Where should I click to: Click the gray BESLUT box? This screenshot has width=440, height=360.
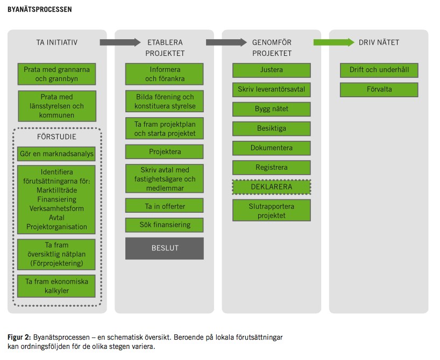point(165,248)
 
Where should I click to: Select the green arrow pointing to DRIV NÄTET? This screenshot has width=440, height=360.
point(334,42)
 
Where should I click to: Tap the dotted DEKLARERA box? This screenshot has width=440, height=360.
point(271,187)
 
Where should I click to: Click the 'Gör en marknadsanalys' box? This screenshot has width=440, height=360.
point(56,154)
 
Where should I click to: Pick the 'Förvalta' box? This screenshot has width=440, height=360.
point(379,89)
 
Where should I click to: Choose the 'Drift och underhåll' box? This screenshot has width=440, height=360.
point(379,70)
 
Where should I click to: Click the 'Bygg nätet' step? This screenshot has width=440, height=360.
point(271,109)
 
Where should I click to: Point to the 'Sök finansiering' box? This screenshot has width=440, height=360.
point(165,225)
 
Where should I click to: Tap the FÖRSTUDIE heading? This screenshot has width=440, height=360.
point(56,137)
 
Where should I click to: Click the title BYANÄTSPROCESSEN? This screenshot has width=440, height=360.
point(40,10)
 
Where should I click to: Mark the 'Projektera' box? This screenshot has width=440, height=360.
point(165,152)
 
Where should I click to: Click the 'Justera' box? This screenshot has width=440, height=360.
point(271,70)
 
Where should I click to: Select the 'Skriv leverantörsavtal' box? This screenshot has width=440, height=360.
point(271,89)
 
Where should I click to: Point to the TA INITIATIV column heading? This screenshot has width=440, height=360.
point(56,42)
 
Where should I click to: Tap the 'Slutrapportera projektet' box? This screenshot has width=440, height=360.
point(271,210)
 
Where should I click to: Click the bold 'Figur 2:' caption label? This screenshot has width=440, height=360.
point(19,337)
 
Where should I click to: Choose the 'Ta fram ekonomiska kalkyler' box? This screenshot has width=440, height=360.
point(56,286)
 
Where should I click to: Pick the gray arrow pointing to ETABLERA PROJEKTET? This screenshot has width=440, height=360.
point(120,42)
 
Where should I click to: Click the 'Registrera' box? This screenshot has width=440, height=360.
point(271,168)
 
